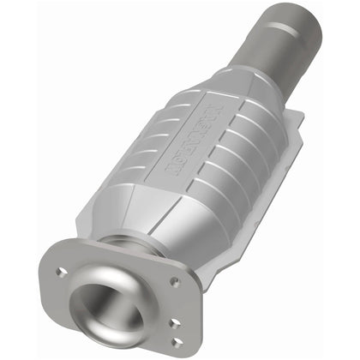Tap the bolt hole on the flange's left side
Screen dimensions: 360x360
pos(63,272)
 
